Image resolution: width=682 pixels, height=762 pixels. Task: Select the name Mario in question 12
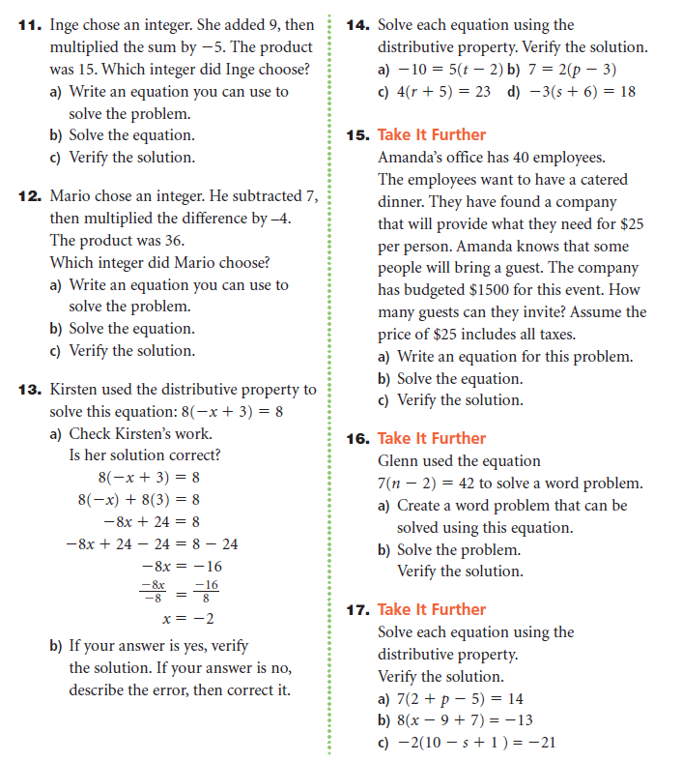pyautogui.click(x=71, y=195)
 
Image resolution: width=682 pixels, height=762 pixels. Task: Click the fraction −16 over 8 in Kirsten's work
pyautogui.click(x=207, y=591)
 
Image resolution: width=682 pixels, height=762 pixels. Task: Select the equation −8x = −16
pyautogui.click(x=182, y=566)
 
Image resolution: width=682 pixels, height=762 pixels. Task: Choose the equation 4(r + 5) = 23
pyautogui.click(x=435, y=91)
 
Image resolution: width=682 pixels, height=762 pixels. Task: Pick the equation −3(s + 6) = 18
pyautogui.click(x=571, y=91)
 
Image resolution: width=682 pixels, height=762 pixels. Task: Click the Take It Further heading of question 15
pyautogui.click(x=431, y=135)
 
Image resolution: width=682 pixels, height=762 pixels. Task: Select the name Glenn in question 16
pyautogui.click(x=399, y=461)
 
